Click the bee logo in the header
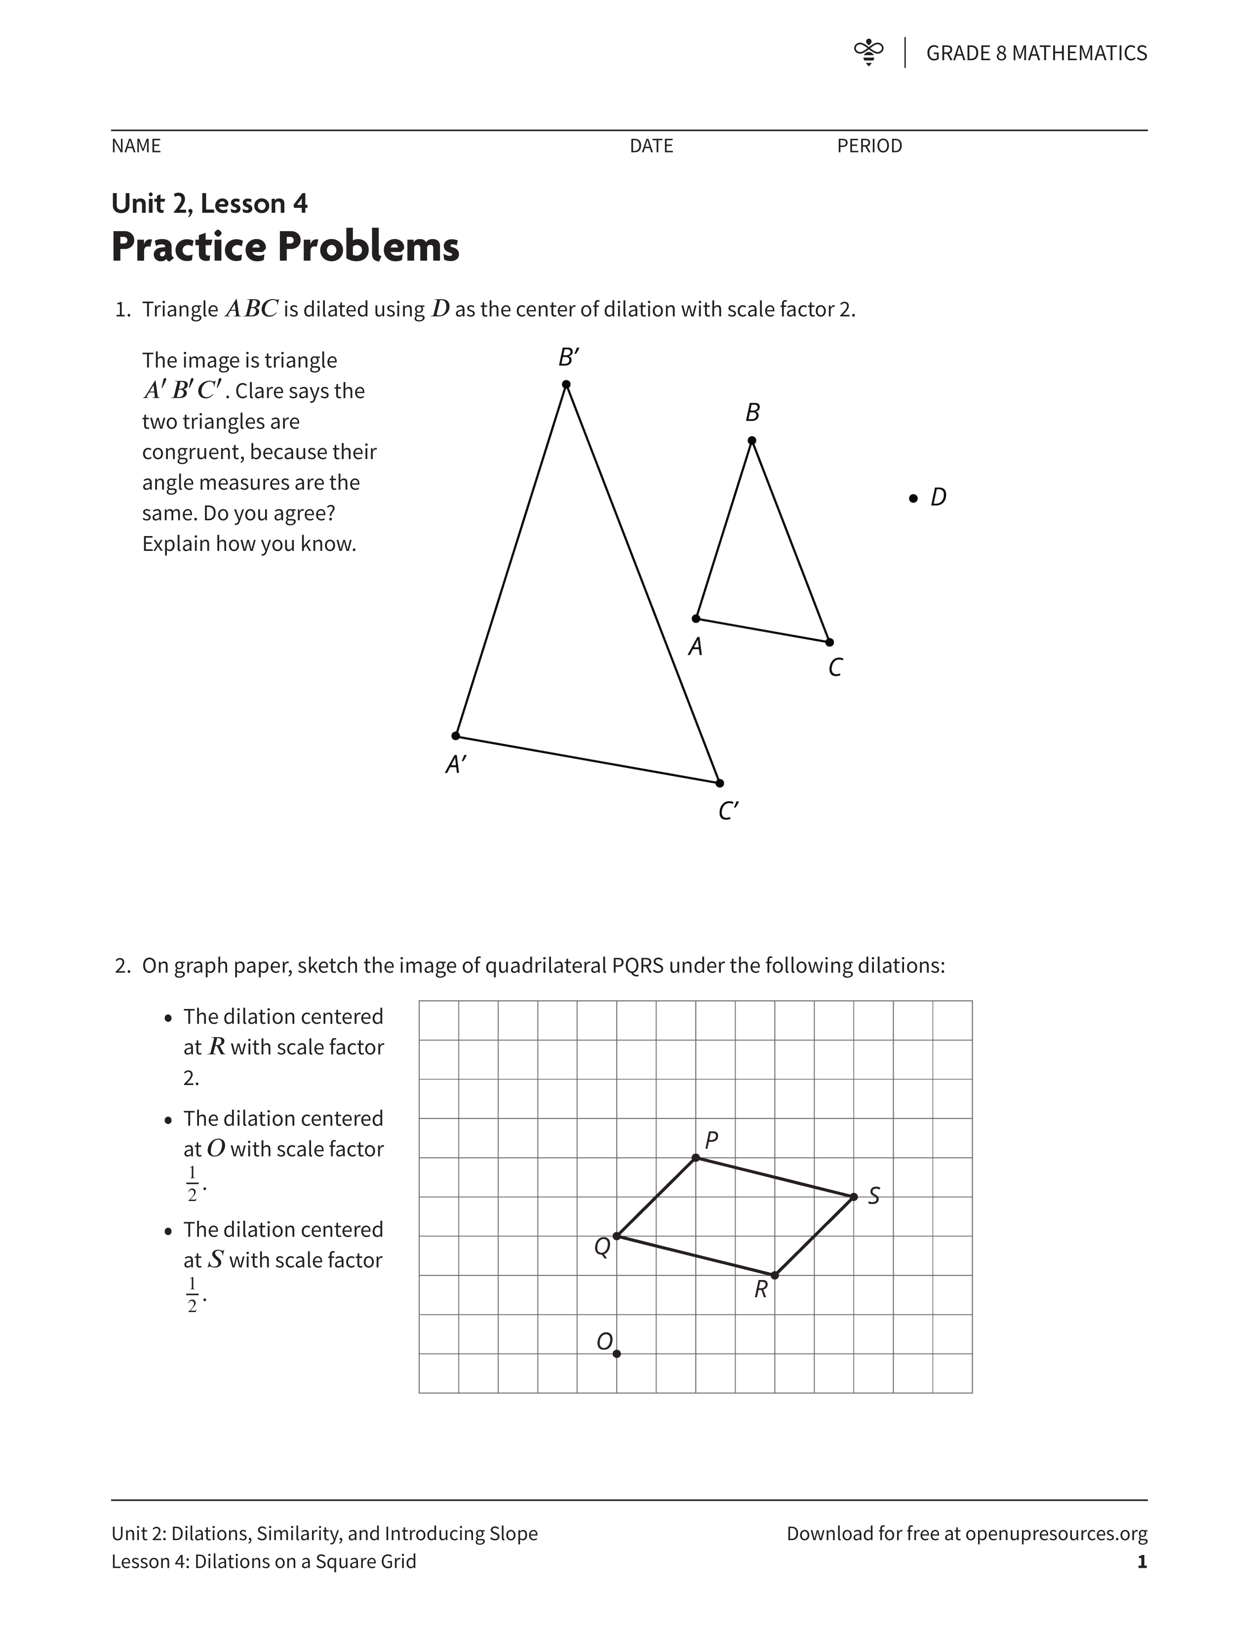[x=868, y=52]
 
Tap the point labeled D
[x=913, y=498]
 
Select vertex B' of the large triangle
[x=566, y=384]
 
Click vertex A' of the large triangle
[x=456, y=736]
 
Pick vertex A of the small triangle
[x=696, y=619]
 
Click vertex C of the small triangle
[x=829, y=641]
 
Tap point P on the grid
[x=696, y=1158]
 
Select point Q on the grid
[x=617, y=1236]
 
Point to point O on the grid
[x=617, y=1354]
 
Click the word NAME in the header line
[x=136, y=146]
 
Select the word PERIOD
[x=869, y=146]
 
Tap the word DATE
[x=651, y=146]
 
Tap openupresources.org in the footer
[x=1056, y=1534]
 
